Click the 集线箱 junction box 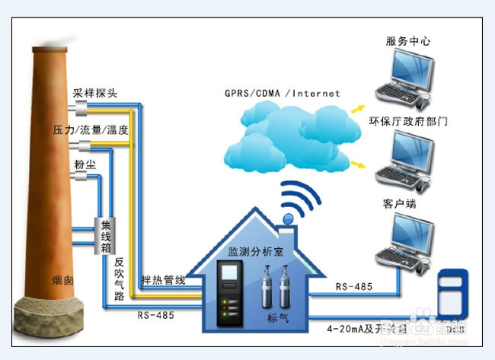pyautogui.click(x=107, y=237)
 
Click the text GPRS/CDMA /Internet pyautogui.click(x=282, y=94)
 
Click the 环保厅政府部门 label pyautogui.click(x=407, y=121)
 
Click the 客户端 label pyautogui.click(x=398, y=204)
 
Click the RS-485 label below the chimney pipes pyautogui.click(x=155, y=314)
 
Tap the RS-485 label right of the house pyautogui.click(x=354, y=286)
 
